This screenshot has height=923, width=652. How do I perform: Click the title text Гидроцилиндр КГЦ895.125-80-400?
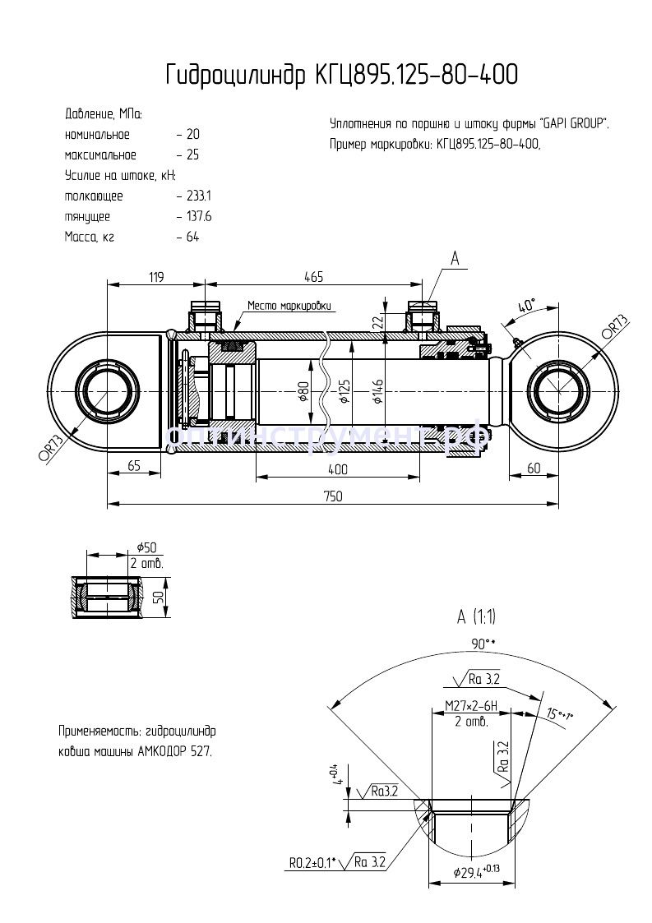click(x=341, y=75)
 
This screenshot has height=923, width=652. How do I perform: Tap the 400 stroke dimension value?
click(x=337, y=469)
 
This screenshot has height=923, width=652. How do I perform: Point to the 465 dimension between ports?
click(x=313, y=278)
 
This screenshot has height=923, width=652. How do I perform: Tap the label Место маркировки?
click(x=290, y=305)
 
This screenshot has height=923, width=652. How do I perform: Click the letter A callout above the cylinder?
click(x=454, y=259)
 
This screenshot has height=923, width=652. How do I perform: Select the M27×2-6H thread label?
click(x=471, y=706)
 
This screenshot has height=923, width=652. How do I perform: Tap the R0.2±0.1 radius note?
click(x=311, y=863)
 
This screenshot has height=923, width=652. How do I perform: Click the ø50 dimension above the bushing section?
click(x=148, y=547)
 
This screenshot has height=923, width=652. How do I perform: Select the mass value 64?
click(x=193, y=238)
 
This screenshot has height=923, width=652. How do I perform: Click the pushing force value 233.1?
click(x=199, y=196)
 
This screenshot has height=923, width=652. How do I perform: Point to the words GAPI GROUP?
click(x=575, y=124)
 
